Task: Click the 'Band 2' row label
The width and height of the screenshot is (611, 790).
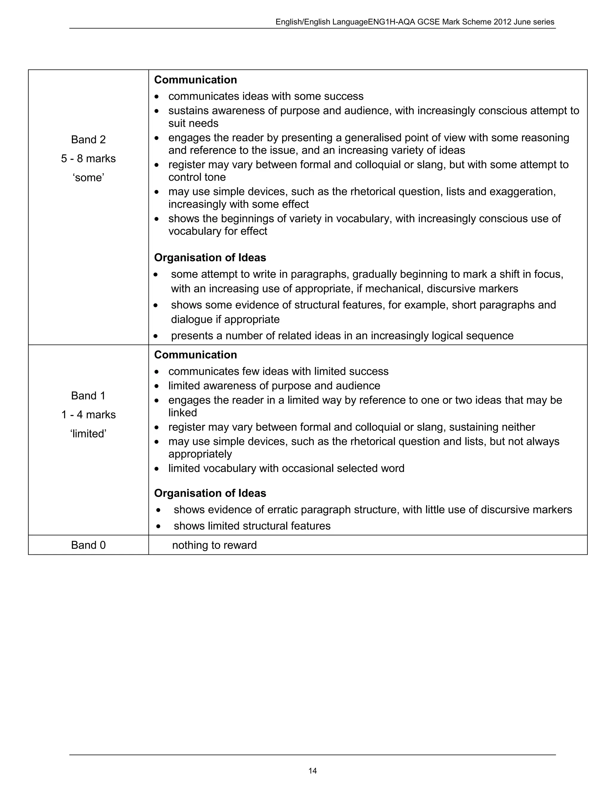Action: pyautogui.click(x=88, y=140)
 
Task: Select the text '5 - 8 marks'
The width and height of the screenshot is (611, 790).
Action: pyautogui.click(x=88, y=158)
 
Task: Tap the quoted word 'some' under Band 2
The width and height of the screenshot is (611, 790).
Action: pyautogui.click(x=88, y=178)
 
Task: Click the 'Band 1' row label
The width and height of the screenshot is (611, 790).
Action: pyautogui.click(x=88, y=396)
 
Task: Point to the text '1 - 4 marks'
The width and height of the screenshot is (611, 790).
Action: pyautogui.click(x=88, y=415)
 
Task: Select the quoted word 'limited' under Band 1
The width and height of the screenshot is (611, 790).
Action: pyautogui.click(x=88, y=434)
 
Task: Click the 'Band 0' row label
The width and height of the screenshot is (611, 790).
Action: pyautogui.click(x=88, y=545)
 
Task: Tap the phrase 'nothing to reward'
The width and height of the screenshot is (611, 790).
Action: pyautogui.click(x=214, y=545)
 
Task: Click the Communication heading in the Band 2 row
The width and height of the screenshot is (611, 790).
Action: pyautogui.click(x=195, y=80)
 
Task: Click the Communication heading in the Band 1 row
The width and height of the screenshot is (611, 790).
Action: pyautogui.click(x=195, y=355)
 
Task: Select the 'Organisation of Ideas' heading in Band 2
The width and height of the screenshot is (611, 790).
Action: pyautogui.click(x=210, y=258)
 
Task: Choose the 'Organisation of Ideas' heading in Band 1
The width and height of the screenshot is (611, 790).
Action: pyautogui.click(x=210, y=493)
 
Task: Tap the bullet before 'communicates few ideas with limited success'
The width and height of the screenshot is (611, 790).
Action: pyautogui.click(x=156, y=372)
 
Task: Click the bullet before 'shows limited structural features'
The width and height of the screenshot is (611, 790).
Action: pyautogui.click(x=158, y=526)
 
